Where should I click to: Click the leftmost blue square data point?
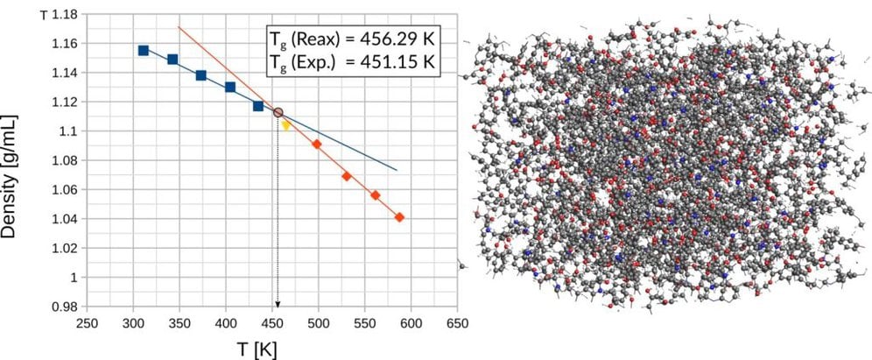pyautogui.click(x=144, y=51)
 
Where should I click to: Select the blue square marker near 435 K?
pyautogui.click(x=258, y=106)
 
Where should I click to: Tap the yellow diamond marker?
pyautogui.click(x=285, y=125)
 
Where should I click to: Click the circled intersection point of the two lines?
pyautogui.click(x=278, y=112)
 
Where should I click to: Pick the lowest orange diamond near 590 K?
pyautogui.click(x=399, y=217)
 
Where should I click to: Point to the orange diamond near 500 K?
pyautogui.click(x=316, y=144)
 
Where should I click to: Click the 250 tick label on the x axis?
pyautogui.click(x=88, y=321)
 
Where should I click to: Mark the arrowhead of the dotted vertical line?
pyautogui.click(x=278, y=303)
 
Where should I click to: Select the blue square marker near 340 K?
pyautogui.click(x=172, y=60)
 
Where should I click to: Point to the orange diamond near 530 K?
pyautogui.click(x=346, y=176)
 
